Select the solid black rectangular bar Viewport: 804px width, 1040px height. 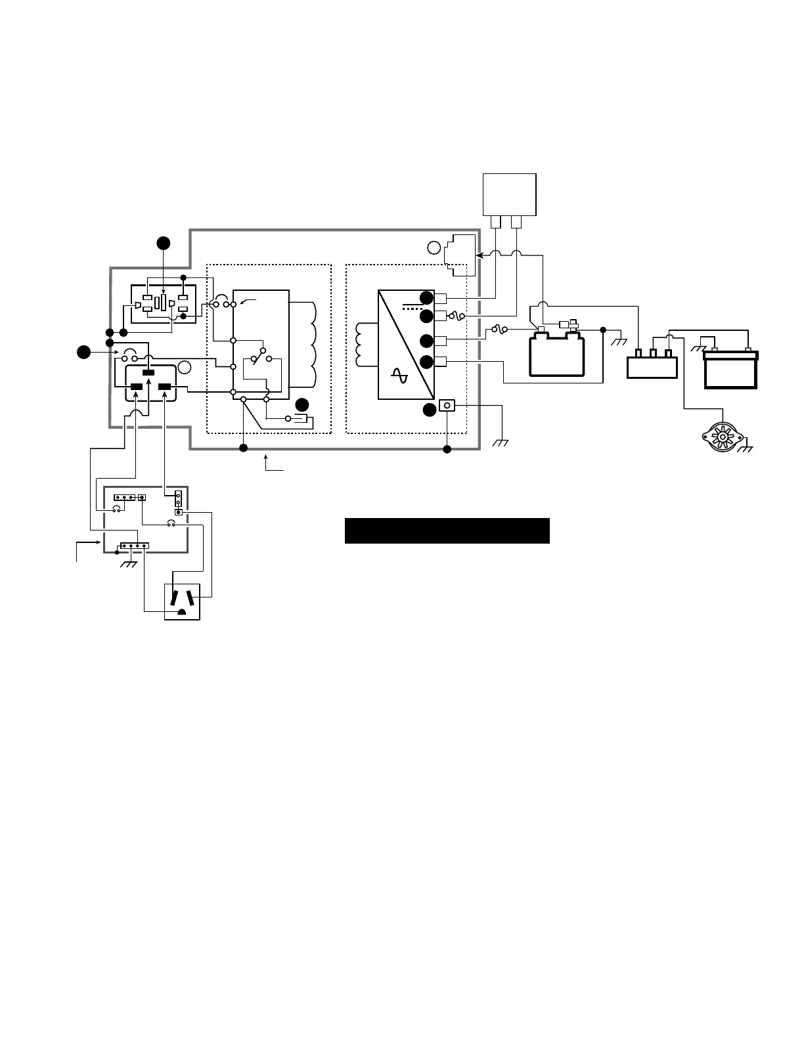click(447, 531)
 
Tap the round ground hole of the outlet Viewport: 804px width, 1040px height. click(181, 613)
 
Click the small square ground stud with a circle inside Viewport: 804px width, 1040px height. click(447, 406)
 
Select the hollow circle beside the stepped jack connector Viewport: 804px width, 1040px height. click(434, 248)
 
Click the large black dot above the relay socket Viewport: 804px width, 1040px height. click(164, 243)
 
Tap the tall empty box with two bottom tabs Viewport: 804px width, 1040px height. click(510, 194)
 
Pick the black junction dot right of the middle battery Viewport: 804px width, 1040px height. click(603, 329)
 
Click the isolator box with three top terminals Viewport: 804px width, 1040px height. click(652, 365)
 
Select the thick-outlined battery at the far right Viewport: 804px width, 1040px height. click(730, 369)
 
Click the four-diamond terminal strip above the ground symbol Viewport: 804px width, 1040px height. click(134, 546)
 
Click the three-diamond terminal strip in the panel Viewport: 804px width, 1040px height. click(124, 498)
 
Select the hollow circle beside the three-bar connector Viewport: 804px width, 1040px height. click(185, 368)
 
